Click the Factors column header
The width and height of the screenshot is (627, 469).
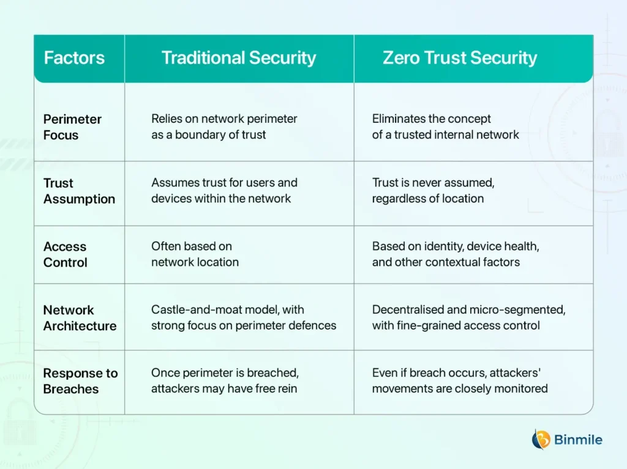click(74, 58)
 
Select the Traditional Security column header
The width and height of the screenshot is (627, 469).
click(239, 58)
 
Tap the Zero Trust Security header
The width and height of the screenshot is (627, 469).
click(460, 58)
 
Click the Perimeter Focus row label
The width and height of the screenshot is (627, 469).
click(72, 127)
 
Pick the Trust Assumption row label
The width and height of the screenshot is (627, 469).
click(79, 191)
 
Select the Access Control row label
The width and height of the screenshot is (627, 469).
click(65, 254)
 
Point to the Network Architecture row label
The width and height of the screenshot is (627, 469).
click(80, 318)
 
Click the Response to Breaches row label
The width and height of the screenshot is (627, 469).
click(80, 381)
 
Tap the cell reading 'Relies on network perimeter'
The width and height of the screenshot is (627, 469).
click(224, 127)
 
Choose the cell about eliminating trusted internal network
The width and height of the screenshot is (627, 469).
click(446, 127)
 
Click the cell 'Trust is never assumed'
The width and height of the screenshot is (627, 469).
click(433, 191)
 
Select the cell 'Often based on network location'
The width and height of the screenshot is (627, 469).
click(195, 254)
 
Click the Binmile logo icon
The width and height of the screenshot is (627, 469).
click(541, 440)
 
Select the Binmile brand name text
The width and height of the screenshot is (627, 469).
click(578, 440)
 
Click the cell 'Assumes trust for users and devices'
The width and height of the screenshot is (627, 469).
click(224, 191)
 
